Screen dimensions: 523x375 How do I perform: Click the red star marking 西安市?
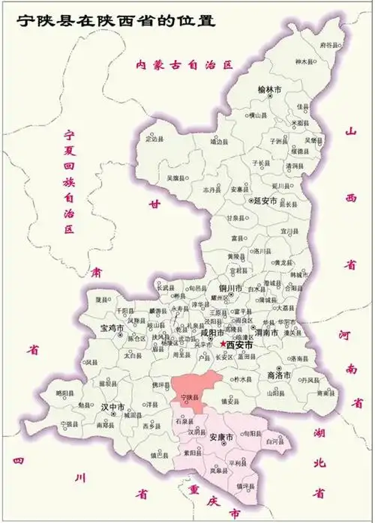click(223, 344)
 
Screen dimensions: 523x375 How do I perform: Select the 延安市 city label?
click(263, 201)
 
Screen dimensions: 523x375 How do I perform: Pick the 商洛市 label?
click(278, 374)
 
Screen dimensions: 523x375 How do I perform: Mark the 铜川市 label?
click(229, 288)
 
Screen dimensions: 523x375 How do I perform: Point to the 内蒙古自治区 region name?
click(179, 65)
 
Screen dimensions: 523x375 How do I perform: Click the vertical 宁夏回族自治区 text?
click(70, 179)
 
